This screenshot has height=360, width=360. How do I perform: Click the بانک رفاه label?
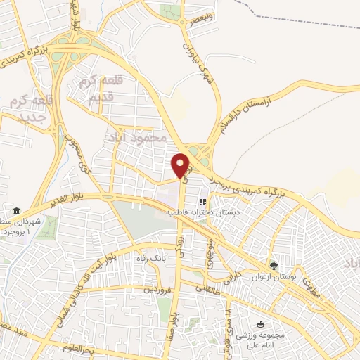(x=153, y=259)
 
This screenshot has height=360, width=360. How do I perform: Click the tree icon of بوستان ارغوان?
(x=274, y=266)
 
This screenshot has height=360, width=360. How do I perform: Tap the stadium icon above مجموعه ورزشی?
(x=261, y=324)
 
